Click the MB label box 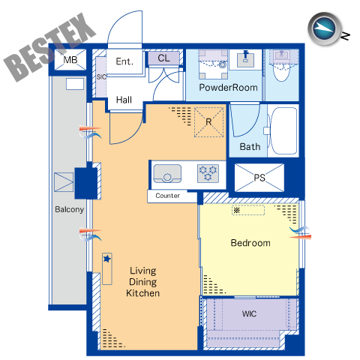[70, 60]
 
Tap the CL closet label [163, 58]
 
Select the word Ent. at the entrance [124, 61]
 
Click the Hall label [124, 100]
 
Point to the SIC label [101, 77]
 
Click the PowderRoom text [228, 88]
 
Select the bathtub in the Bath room [283, 130]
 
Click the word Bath [250, 147]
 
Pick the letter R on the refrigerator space [208, 122]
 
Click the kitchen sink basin [167, 173]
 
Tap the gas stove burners [208, 173]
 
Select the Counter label [167, 196]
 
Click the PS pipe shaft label [259, 178]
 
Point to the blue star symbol [107, 259]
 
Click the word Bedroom [250, 243]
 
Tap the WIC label [249, 313]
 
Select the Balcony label [69, 209]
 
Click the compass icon [324, 28]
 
